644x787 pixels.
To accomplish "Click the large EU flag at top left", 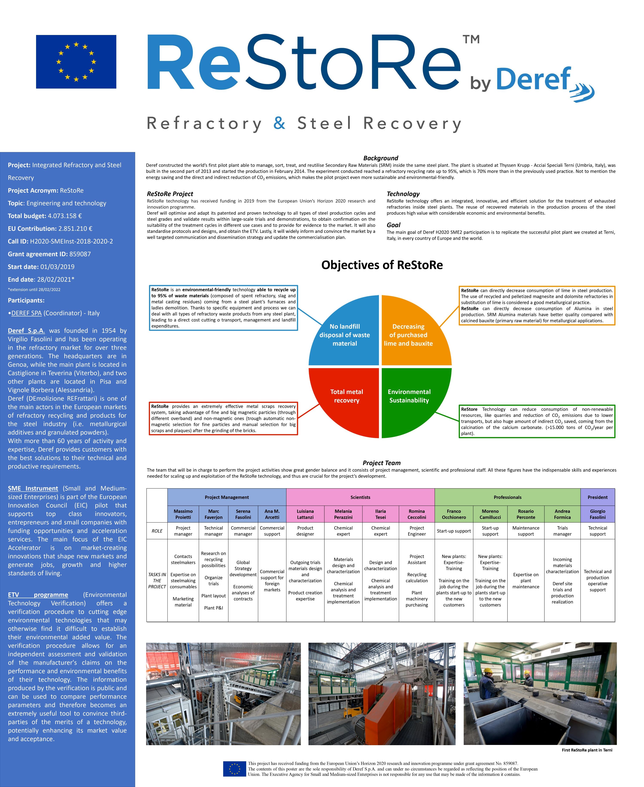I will [76, 62].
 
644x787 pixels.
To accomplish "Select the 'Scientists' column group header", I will [360, 497].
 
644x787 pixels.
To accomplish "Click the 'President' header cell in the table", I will [597, 497].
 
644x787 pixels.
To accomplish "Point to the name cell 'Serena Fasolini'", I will [243, 514].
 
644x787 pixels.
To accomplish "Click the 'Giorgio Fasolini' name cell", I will [597, 514].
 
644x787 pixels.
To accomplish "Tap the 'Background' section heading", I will [381, 158].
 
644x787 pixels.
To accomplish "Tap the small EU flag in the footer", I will [234, 769].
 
